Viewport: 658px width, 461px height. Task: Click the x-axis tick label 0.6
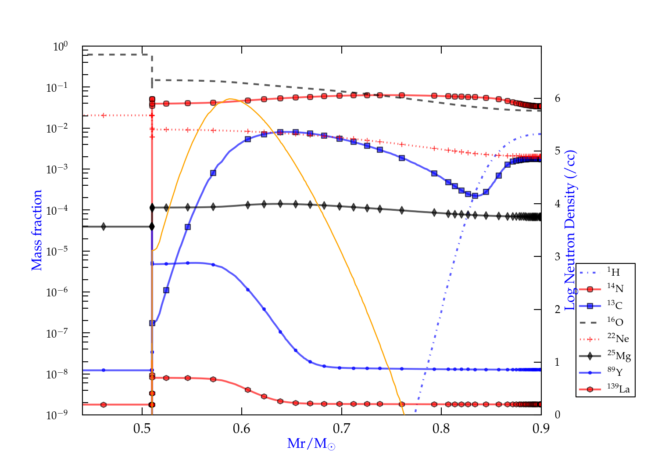tap(242, 429)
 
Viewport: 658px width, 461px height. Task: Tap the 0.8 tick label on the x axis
tap(441, 429)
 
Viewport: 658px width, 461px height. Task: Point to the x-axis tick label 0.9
tap(541, 429)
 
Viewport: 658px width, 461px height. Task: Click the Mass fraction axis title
tap(37, 230)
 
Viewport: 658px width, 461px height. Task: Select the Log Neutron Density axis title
tap(570, 230)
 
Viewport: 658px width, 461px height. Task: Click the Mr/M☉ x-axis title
tap(311, 444)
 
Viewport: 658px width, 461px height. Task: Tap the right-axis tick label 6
tap(557, 98)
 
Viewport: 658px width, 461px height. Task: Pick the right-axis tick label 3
tap(557, 256)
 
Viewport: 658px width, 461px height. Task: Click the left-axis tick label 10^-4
tap(57, 210)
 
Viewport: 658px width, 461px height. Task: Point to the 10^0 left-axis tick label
tap(60, 46)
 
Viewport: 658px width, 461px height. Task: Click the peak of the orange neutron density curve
tap(230, 99)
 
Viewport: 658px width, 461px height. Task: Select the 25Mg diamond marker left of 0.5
tap(104, 227)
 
